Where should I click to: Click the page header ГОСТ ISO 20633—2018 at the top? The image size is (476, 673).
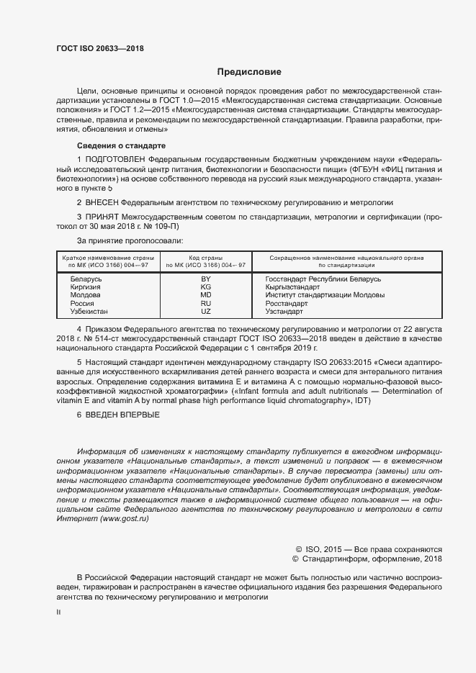(x=100, y=48)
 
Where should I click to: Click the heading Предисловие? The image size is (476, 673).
(x=249, y=72)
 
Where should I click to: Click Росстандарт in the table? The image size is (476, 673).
(x=286, y=303)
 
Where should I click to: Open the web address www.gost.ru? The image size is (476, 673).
(x=124, y=518)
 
